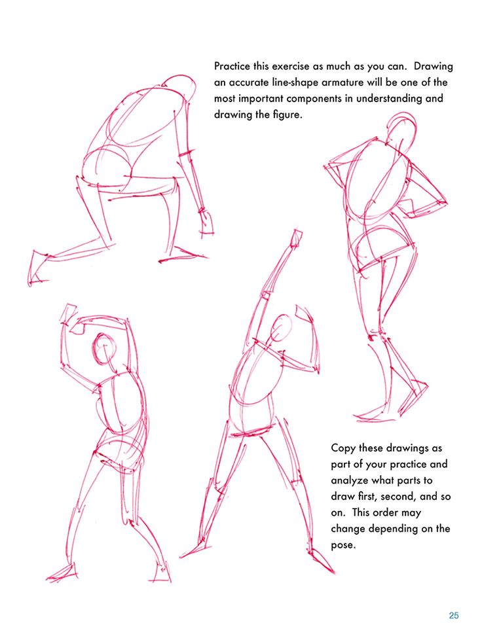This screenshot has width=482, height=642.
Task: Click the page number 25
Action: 454,615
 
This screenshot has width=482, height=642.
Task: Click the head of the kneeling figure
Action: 175,84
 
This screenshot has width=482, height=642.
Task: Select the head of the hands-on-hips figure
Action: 402,128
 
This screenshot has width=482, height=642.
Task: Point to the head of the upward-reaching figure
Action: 281,328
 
